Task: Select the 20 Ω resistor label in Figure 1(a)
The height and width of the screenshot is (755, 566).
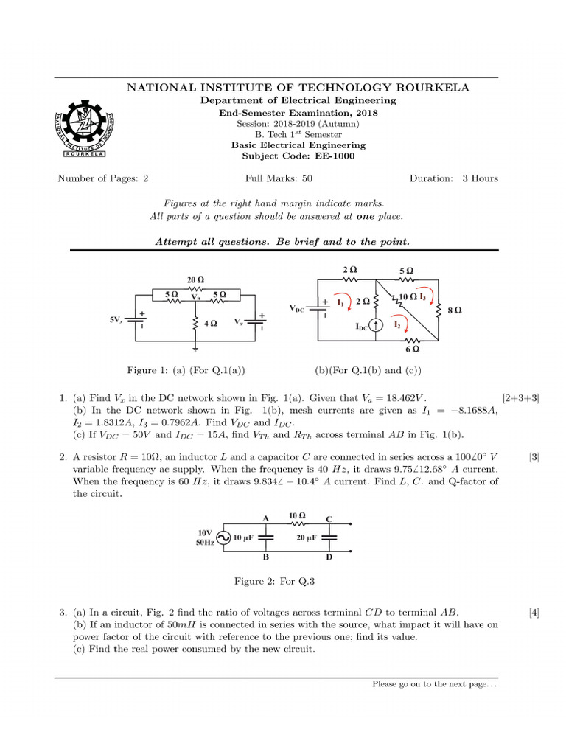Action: point(195,280)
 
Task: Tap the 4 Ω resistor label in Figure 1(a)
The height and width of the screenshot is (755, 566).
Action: point(210,324)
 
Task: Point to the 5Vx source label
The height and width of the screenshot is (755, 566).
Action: point(116,320)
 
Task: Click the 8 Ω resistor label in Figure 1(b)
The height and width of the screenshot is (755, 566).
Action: point(455,310)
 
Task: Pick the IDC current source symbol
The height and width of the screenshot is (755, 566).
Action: point(377,325)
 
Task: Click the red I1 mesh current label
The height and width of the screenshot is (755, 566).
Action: point(340,302)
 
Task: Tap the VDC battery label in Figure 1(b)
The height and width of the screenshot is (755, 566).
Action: point(296,308)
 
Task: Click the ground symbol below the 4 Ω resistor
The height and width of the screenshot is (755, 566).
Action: point(196,347)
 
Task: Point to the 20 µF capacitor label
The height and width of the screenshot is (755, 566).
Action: point(307,538)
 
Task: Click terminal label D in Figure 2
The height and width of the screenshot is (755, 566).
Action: point(329,557)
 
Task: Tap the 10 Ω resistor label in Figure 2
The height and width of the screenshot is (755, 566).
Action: point(298,516)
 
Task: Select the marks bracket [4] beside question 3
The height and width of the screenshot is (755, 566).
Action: point(534,612)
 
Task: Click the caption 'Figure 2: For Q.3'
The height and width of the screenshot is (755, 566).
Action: point(274,581)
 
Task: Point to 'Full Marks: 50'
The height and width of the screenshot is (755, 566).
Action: point(279,178)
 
